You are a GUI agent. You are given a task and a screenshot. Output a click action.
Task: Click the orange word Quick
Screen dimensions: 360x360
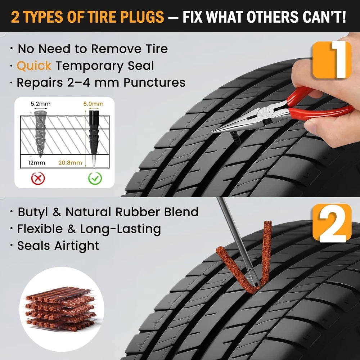34,66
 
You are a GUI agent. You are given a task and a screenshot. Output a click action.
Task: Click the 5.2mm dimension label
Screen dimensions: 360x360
40,104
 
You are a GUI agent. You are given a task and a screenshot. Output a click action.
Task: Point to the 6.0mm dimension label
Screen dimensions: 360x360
93,104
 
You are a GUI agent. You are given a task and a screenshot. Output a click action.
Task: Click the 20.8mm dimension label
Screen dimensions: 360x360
70,163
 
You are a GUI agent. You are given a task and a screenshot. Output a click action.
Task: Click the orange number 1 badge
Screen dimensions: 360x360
332,60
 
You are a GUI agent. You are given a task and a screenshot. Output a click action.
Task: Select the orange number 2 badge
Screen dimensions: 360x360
332,223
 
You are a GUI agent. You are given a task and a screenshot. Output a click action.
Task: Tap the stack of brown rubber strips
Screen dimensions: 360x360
60,309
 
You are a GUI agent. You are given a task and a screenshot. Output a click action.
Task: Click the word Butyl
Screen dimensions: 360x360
33,212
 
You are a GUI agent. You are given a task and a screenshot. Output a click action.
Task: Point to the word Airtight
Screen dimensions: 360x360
77,246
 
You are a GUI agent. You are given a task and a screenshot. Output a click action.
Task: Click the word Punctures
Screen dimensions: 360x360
154,82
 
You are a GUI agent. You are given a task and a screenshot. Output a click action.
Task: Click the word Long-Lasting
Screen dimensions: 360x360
120,229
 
